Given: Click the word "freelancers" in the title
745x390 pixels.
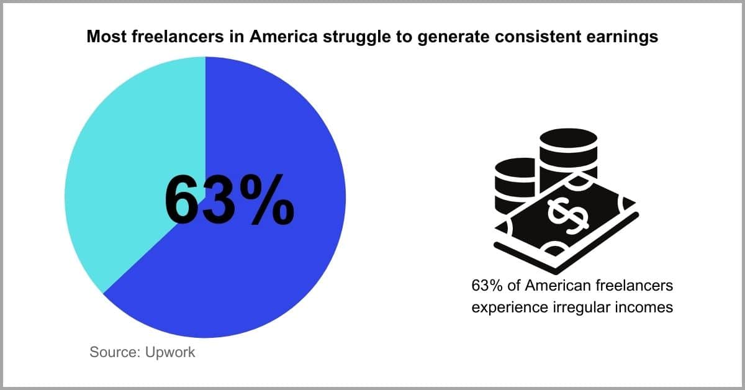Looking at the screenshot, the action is (x=178, y=36).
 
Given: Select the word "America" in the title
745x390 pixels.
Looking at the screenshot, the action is (x=283, y=36).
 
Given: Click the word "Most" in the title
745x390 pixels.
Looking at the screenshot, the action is (x=106, y=36).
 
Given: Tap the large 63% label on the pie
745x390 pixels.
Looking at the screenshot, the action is (x=230, y=201).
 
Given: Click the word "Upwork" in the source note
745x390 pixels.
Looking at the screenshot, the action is (x=170, y=353).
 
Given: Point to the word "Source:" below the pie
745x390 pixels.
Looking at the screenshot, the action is (x=115, y=352).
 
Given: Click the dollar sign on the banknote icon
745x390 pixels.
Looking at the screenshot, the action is (x=568, y=215).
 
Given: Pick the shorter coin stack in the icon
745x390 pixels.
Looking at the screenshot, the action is (x=515, y=186).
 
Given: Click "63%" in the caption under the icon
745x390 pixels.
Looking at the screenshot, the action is (x=487, y=286).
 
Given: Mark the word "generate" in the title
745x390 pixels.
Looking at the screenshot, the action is (x=453, y=37).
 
